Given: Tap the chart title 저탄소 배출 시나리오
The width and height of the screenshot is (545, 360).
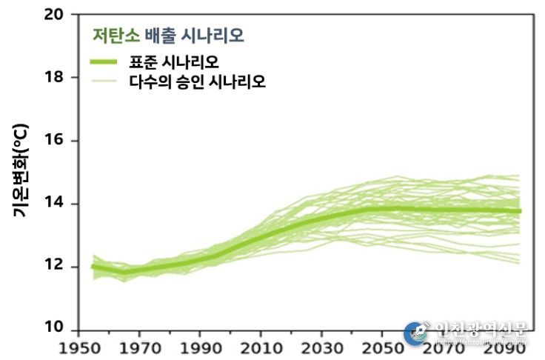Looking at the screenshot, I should tap(168, 35).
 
